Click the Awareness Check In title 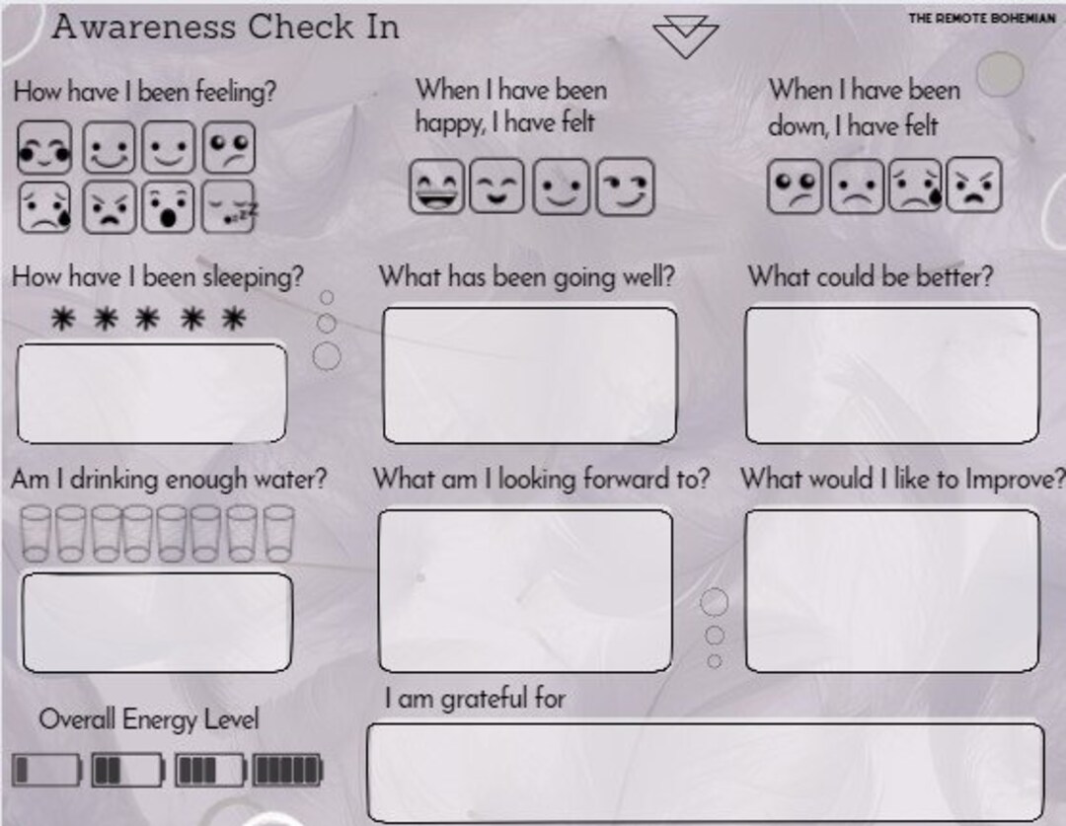(225, 27)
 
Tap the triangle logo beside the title (685, 38)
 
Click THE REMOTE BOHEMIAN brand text (981, 19)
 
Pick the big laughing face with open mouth (436, 187)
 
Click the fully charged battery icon (287, 770)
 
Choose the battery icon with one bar (46, 770)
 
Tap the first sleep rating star (62, 319)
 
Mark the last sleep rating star (233, 319)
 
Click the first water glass (37, 534)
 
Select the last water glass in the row (278, 534)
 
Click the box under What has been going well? (529, 375)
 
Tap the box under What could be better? (891, 375)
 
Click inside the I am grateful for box (705, 772)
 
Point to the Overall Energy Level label (148, 719)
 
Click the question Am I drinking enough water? (169, 480)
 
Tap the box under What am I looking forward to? (525, 590)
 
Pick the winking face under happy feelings (624, 187)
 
